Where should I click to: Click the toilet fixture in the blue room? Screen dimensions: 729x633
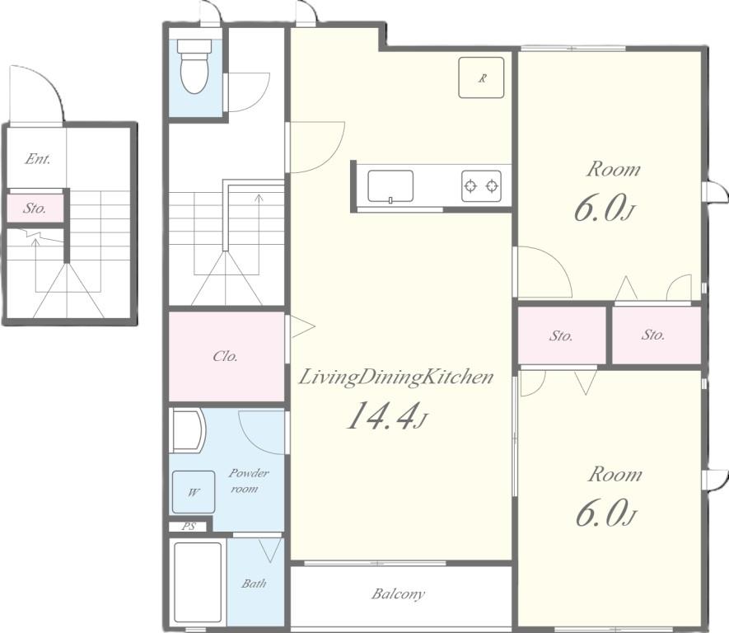pos(194,66)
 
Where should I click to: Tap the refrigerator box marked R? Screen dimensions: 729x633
pos(481,77)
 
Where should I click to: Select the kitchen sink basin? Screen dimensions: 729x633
pos(390,186)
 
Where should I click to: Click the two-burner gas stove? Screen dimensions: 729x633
pos(481,186)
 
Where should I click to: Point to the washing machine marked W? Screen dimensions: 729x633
pos(194,491)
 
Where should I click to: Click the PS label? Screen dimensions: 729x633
pos(189,527)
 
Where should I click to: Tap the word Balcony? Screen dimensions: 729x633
pos(398,594)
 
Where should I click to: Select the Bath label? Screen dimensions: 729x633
pos(254,584)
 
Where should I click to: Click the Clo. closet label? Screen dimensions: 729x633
pos(226,356)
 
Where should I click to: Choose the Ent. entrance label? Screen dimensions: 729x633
pos(38,159)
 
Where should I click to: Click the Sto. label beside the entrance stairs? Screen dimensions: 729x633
pos(35,208)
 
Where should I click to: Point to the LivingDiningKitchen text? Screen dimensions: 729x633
pos(395,377)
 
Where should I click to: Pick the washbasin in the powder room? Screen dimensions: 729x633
pos(189,431)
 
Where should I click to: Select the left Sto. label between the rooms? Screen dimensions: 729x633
pos(561,335)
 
